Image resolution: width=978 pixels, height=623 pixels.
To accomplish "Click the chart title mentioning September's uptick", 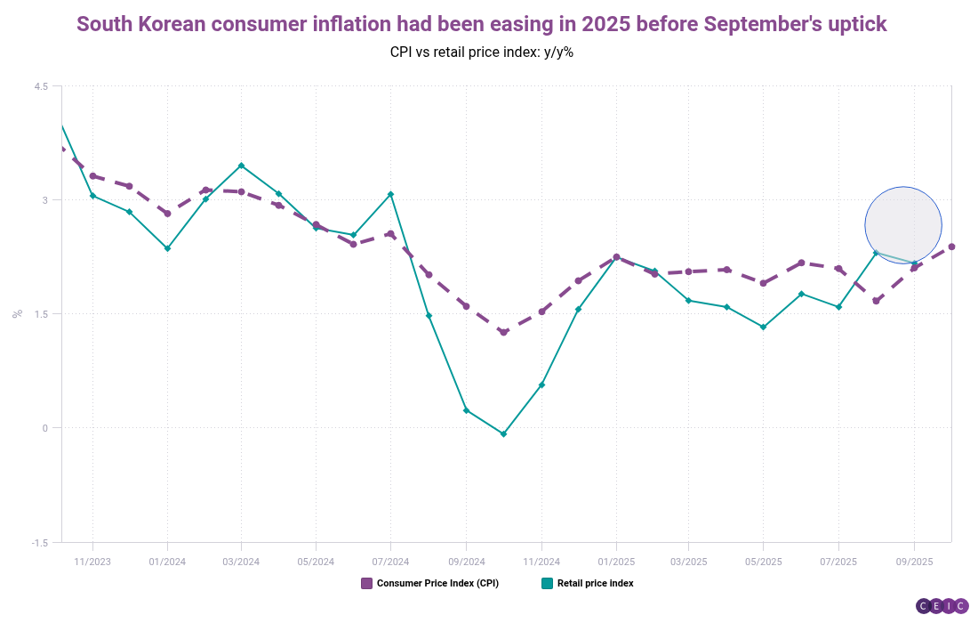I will click(481, 24).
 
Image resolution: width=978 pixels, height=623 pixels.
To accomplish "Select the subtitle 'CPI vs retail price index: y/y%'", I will click(481, 52).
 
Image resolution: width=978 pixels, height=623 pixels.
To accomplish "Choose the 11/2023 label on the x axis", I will click(92, 562).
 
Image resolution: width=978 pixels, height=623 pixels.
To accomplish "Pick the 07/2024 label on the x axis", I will click(390, 562).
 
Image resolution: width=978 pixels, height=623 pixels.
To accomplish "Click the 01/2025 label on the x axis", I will click(615, 562).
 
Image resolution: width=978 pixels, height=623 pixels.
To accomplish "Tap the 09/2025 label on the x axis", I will click(914, 562).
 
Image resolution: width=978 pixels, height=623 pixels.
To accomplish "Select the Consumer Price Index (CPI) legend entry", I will click(429, 584).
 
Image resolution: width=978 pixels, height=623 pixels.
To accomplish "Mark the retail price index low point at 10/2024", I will click(503, 434).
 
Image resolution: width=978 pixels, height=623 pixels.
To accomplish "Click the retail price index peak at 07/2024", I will click(390, 194).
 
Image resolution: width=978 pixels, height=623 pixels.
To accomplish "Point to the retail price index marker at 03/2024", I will click(241, 166).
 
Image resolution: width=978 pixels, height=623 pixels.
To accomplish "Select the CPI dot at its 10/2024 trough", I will click(503, 332).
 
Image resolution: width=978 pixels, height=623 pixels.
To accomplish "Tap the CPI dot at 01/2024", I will click(167, 214).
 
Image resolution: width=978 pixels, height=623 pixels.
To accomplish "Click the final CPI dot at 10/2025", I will click(951, 247).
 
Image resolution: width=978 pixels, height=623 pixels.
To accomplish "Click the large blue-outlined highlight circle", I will click(902, 226).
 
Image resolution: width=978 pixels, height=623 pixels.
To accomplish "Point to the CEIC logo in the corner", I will click(942, 606).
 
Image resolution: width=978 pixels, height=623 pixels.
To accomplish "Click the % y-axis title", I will click(17, 313).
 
